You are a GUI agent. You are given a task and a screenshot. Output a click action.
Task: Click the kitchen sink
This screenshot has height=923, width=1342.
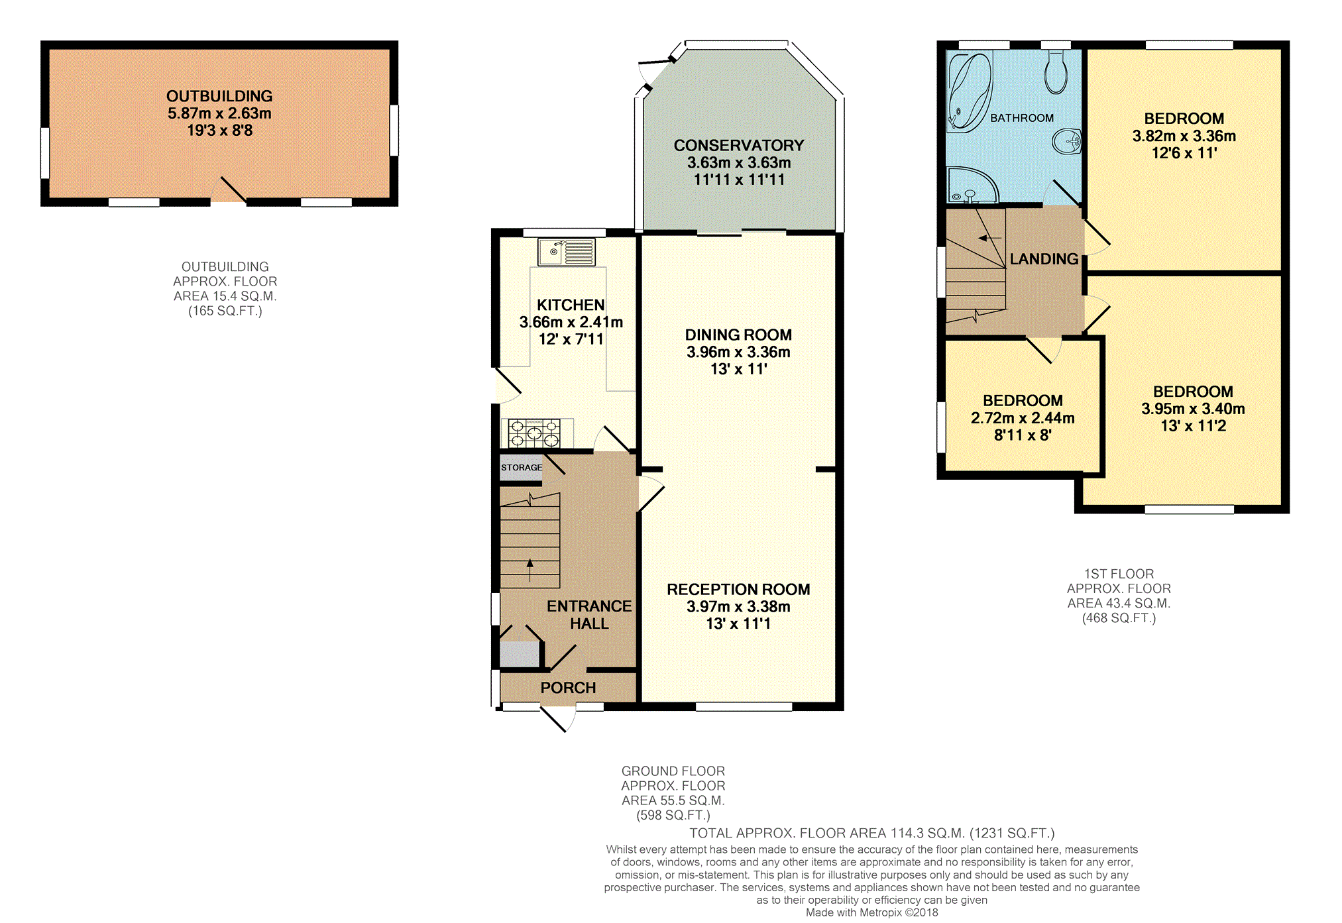click(x=567, y=252)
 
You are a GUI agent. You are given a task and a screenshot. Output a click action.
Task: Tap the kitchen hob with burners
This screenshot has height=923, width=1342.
click(x=534, y=433)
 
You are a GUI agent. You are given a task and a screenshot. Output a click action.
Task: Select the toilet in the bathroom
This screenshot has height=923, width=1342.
click(x=1056, y=72)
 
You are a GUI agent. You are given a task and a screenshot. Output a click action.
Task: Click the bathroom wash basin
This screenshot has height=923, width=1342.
click(x=1067, y=141)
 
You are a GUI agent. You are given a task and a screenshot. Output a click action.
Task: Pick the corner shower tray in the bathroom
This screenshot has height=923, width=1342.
click(x=972, y=184)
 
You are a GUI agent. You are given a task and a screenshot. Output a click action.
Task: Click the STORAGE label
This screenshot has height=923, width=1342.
click(x=522, y=468)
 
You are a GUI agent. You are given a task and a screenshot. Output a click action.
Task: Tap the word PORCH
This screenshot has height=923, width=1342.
click(x=568, y=688)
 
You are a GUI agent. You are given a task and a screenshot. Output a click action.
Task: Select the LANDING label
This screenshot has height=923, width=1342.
click(x=1044, y=259)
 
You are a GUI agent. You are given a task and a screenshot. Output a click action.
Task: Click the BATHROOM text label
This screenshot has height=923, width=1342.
click(x=1022, y=118)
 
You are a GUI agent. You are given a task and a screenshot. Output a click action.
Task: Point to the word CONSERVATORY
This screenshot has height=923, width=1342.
click(x=739, y=145)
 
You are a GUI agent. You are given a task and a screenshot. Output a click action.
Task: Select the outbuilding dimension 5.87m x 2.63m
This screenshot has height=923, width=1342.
click(x=219, y=113)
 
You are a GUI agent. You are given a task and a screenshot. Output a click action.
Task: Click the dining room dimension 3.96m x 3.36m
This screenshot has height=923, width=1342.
click(x=738, y=352)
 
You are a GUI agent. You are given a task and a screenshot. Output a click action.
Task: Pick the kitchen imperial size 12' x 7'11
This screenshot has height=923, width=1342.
click(x=571, y=339)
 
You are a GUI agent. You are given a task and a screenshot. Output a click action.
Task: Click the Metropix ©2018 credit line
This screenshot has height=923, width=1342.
click(x=871, y=912)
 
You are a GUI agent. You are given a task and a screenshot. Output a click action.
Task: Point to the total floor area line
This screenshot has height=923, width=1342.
click(x=871, y=834)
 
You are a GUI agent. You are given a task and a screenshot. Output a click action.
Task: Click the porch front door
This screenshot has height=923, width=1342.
click(x=558, y=720)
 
